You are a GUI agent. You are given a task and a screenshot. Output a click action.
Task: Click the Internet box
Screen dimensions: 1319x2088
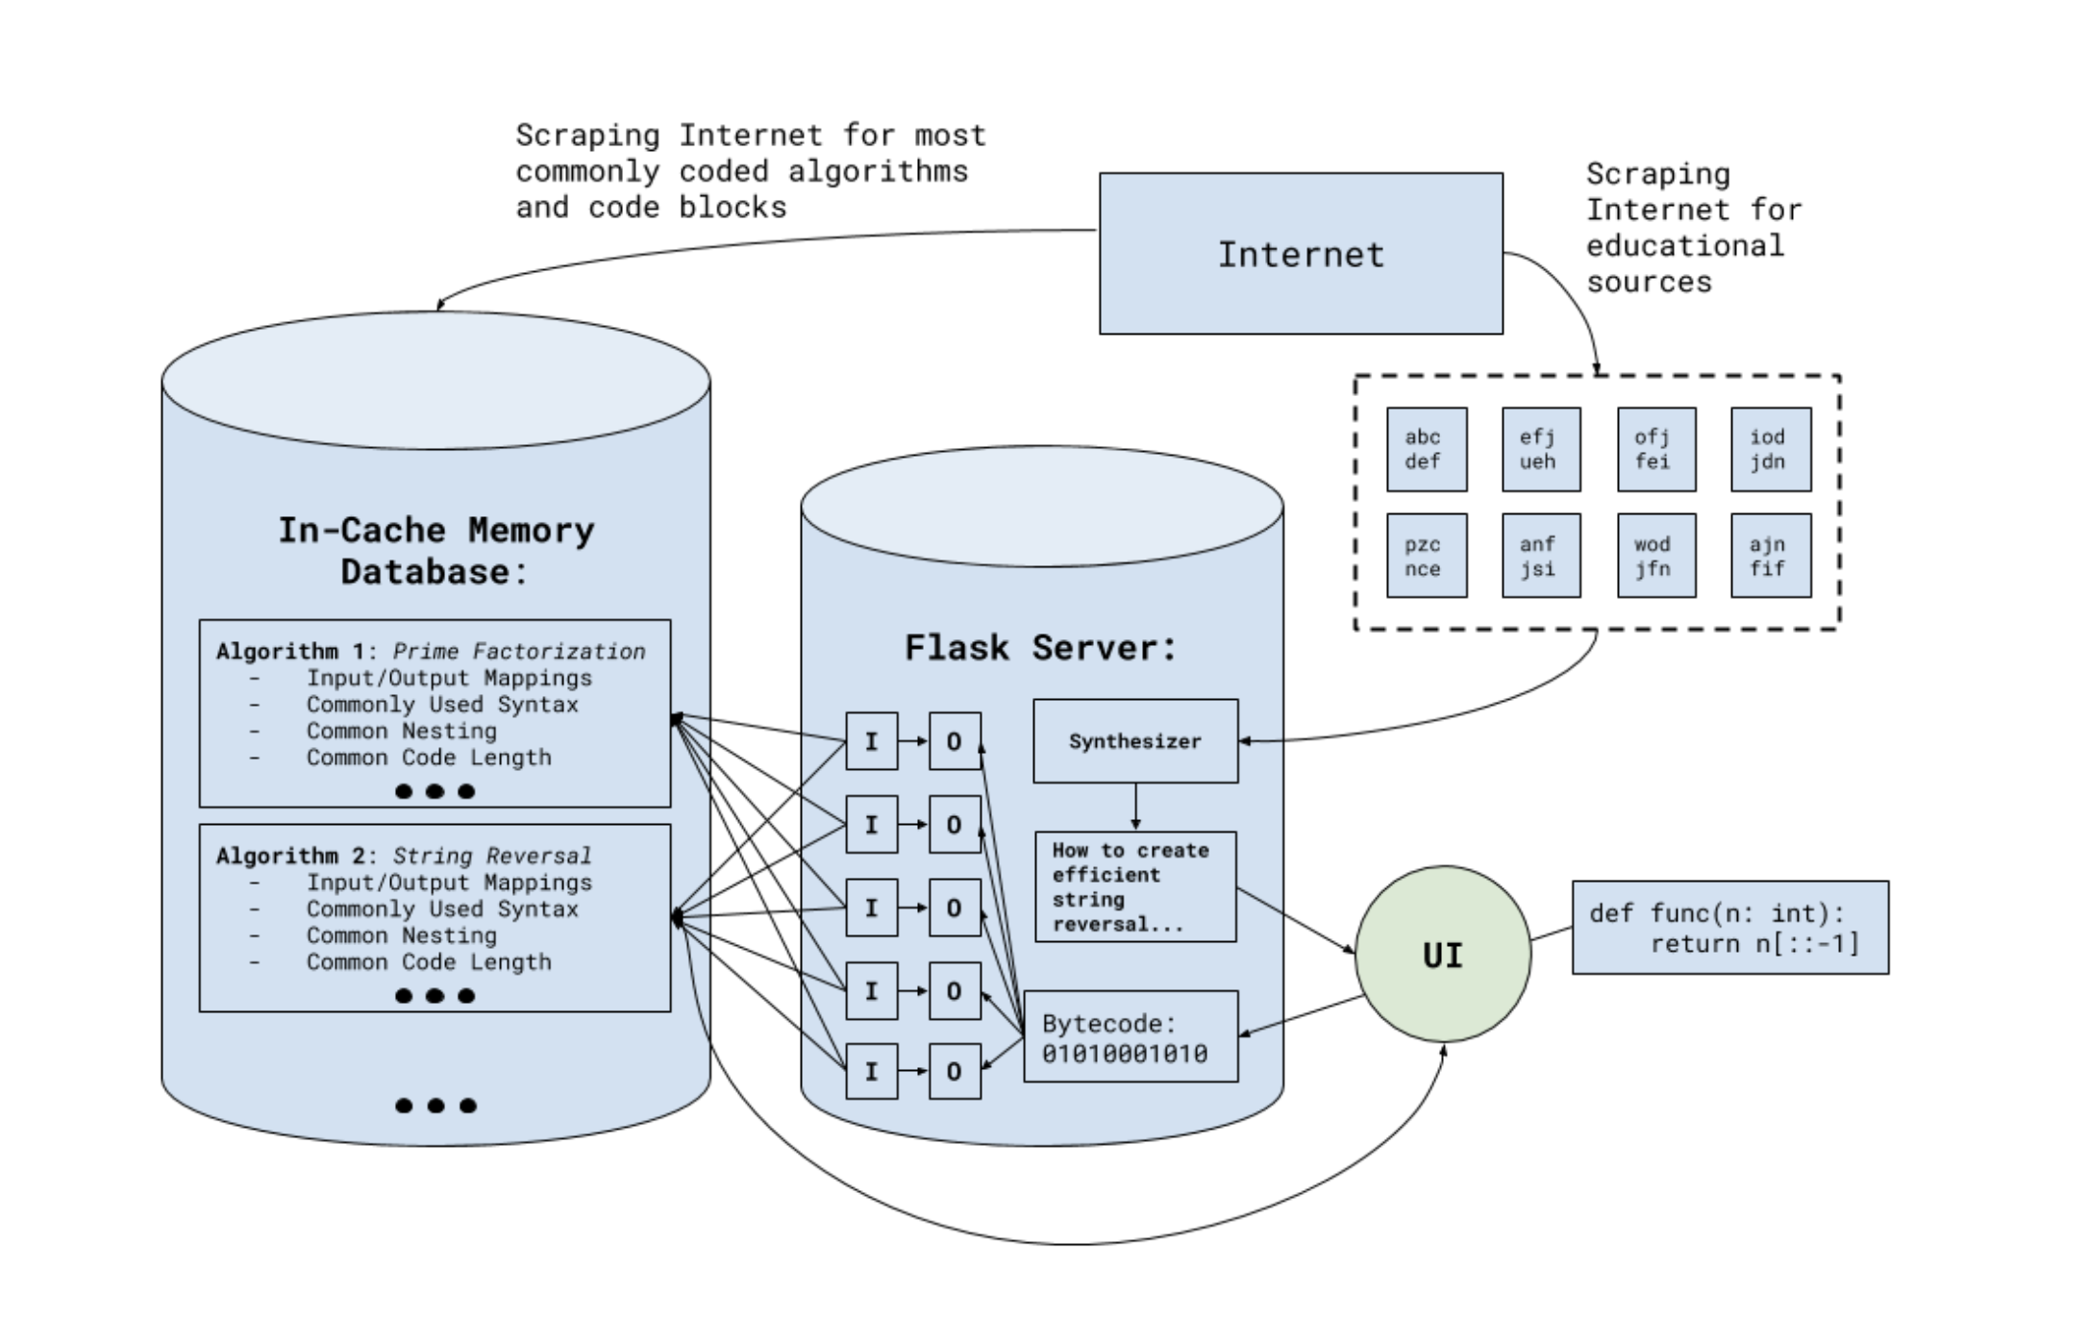click(x=1301, y=254)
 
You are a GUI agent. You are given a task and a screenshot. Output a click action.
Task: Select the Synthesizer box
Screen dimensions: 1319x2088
click(x=1135, y=741)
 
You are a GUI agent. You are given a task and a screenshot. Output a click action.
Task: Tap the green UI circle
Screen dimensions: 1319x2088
click(x=1443, y=954)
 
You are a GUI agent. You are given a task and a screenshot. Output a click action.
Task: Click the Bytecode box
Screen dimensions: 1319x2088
click(x=1131, y=1037)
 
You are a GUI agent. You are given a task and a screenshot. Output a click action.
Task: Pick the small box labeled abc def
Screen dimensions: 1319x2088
click(x=1427, y=449)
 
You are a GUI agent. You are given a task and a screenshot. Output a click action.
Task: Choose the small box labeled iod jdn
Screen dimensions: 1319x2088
click(x=1771, y=449)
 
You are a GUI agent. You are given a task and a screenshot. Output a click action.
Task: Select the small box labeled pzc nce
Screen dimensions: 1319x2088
click(x=1427, y=556)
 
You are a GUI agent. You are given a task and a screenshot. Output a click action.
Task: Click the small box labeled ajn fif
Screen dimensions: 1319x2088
click(x=1771, y=556)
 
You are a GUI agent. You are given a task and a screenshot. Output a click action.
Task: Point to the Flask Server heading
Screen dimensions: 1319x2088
click(x=1041, y=648)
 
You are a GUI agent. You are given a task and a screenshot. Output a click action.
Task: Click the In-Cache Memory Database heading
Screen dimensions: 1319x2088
click(x=435, y=551)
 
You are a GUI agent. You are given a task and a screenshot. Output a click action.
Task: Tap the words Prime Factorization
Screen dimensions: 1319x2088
click(x=519, y=652)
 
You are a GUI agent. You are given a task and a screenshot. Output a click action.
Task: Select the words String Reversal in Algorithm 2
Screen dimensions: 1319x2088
click(x=492, y=856)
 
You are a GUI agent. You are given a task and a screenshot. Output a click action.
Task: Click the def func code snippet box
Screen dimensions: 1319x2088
click(x=1730, y=928)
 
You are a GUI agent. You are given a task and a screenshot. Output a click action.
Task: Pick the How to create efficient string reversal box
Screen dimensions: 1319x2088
click(x=1135, y=886)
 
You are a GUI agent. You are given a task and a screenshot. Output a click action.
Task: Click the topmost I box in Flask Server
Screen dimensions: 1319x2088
click(x=872, y=741)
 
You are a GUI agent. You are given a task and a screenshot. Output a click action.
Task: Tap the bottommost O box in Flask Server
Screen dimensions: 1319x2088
click(x=955, y=1071)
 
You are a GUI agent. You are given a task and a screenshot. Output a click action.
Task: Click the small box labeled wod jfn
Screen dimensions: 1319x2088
click(x=1656, y=556)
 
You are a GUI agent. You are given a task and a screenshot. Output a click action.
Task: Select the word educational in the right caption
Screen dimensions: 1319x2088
click(x=1684, y=246)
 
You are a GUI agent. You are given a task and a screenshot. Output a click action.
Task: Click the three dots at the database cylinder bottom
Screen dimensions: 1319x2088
click(x=435, y=1106)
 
